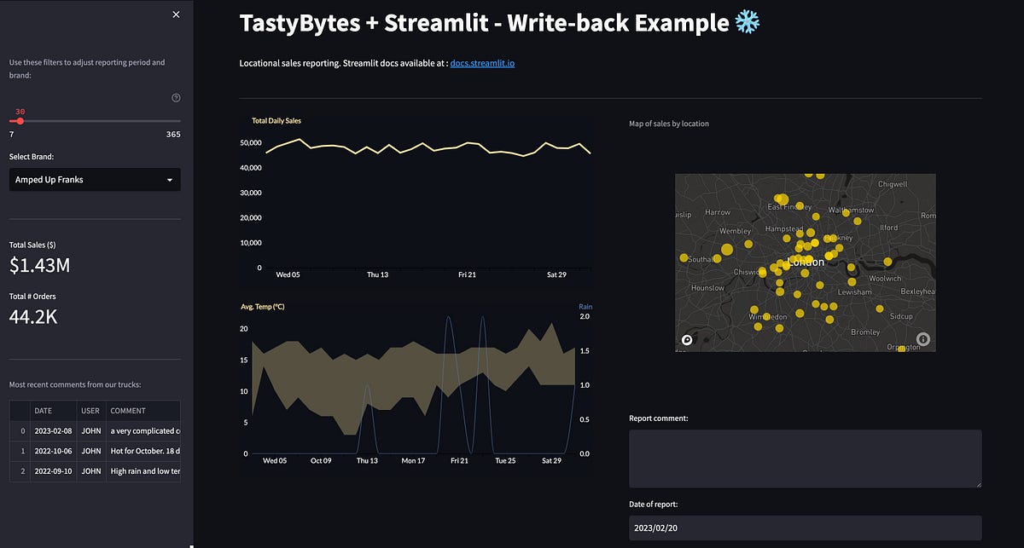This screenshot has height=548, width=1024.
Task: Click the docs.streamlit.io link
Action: [482, 63]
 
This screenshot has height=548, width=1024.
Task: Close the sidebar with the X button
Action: [176, 14]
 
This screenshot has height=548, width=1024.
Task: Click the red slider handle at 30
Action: [20, 121]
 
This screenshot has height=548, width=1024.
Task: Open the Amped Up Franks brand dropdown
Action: [95, 180]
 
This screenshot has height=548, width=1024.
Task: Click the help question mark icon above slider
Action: [176, 98]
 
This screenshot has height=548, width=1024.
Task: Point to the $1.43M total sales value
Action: [39, 266]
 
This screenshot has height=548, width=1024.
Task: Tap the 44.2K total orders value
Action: [34, 317]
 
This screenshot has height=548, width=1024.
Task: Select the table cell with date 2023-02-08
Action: [52, 430]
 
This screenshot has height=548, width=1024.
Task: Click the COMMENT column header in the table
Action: [128, 411]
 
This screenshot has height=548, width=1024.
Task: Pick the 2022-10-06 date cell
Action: [52, 450]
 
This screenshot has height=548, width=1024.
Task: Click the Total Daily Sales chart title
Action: [276, 121]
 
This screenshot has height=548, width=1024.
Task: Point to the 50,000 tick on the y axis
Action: [249, 143]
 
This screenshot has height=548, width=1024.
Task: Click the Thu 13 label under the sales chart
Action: [377, 275]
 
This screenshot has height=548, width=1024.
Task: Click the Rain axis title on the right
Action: [585, 307]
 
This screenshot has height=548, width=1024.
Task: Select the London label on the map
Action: [806, 262]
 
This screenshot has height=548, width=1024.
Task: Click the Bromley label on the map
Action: [865, 332]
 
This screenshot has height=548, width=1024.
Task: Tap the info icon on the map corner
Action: [923, 339]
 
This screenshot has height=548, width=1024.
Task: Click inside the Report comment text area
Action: [805, 459]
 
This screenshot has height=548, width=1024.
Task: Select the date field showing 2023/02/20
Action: [805, 528]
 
